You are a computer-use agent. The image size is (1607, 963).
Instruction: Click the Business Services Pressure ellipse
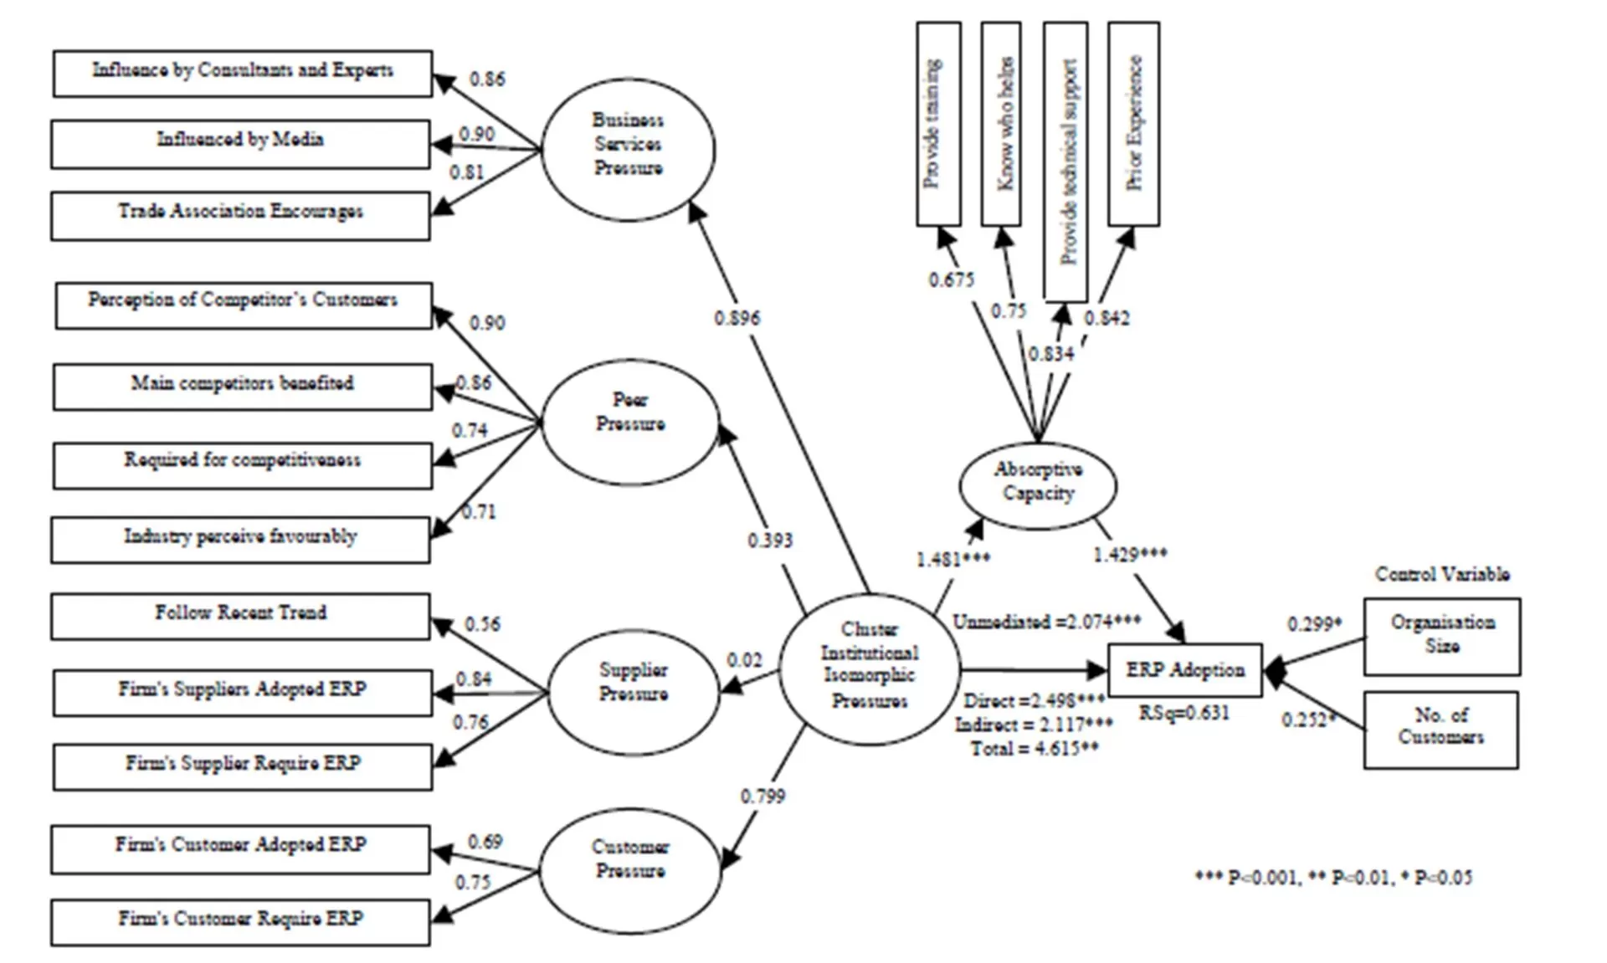pyautogui.click(x=628, y=149)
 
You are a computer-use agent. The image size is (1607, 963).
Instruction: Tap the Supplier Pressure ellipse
pyautogui.click(x=634, y=692)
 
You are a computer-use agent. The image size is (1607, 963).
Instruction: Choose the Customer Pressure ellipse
pyautogui.click(x=630, y=869)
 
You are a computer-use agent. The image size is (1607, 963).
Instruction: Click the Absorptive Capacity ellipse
pyautogui.click(x=1038, y=484)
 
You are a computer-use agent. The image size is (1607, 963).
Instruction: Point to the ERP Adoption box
pyautogui.click(x=1184, y=669)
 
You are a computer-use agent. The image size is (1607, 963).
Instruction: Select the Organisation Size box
pyautogui.click(x=1441, y=636)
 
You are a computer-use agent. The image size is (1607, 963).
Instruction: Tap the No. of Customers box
pyautogui.click(x=1440, y=729)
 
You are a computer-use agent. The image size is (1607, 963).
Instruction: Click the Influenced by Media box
pyautogui.click(x=241, y=143)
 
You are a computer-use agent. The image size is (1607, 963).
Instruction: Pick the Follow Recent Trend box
pyautogui.click(x=241, y=616)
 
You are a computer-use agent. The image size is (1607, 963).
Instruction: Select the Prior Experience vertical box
pyautogui.click(x=1133, y=123)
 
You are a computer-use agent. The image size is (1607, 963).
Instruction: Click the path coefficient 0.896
pyautogui.click(x=737, y=318)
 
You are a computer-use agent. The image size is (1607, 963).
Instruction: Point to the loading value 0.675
pyautogui.click(x=951, y=279)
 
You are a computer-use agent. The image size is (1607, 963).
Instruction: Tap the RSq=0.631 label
pyautogui.click(x=1184, y=713)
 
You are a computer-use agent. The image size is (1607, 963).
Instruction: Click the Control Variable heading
pyautogui.click(x=1442, y=574)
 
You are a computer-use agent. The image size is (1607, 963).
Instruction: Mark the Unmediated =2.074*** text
pyautogui.click(x=1046, y=622)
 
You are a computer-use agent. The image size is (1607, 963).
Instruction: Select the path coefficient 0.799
pyautogui.click(x=762, y=796)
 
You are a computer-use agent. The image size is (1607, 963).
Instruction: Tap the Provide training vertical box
pyautogui.click(x=938, y=123)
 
